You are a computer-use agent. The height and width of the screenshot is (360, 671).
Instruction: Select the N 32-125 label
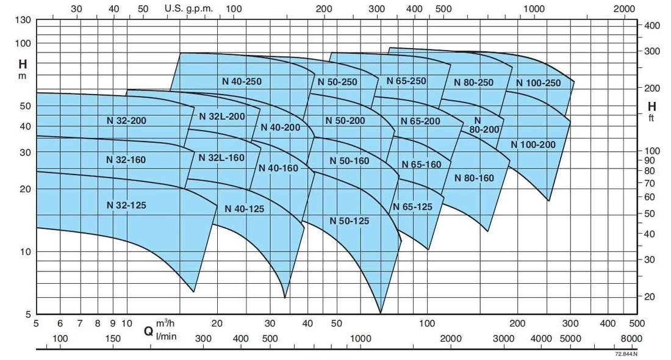tap(126, 205)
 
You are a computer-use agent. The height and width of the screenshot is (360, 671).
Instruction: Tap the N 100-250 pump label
tap(537, 83)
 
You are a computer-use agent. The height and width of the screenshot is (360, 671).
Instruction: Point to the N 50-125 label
tap(349, 220)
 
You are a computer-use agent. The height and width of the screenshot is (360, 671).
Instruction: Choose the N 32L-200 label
tap(221, 116)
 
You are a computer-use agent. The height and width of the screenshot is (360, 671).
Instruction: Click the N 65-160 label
tap(421, 165)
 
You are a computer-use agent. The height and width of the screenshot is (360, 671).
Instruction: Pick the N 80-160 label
tap(474, 178)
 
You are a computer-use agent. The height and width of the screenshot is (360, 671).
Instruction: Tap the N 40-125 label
tap(244, 208)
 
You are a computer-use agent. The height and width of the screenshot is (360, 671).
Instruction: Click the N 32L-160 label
tap(221, 157)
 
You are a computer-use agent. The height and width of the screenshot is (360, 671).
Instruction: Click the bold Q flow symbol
tap(148, 331)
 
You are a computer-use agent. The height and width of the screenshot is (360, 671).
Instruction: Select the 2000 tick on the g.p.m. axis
tap(624, 9)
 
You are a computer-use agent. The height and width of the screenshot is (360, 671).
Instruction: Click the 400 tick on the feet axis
tap(653, 25)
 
